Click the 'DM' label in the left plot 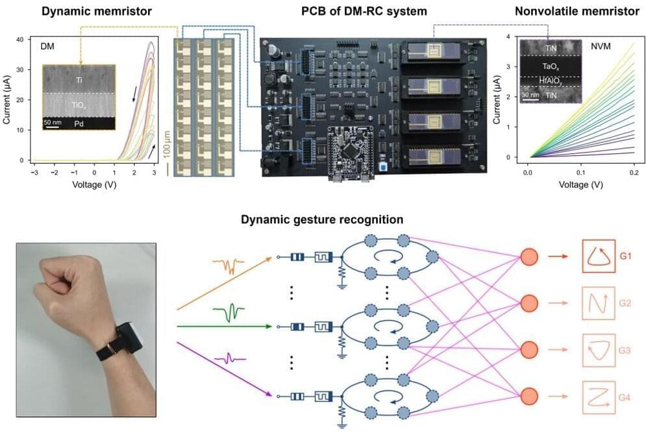47,47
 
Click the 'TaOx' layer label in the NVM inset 547,66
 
